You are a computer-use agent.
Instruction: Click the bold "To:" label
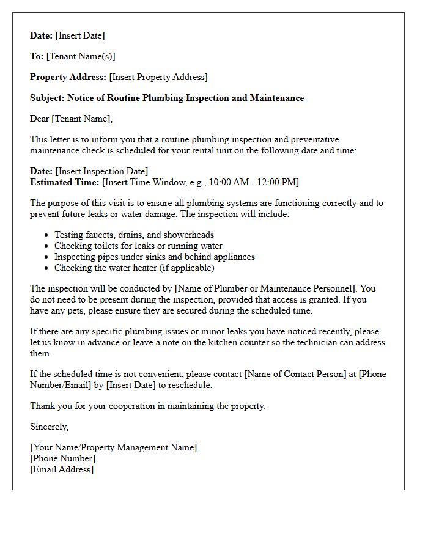(37, 56)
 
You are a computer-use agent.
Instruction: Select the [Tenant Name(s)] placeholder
(81, 56)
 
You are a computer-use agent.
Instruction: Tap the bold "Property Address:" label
(68, 77)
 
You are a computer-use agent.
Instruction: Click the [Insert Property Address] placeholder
(158, 77)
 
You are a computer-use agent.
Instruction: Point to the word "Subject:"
(47, 98)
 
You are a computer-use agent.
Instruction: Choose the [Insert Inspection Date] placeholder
(101, 171)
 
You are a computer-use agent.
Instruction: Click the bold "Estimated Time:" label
(64, 182)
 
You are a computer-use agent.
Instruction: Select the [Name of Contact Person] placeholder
(297, 374)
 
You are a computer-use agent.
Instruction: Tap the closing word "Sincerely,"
(50, 427)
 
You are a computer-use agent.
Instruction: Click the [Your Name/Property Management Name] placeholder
(114, 447)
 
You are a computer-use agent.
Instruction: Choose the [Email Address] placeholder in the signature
(62, 469)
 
